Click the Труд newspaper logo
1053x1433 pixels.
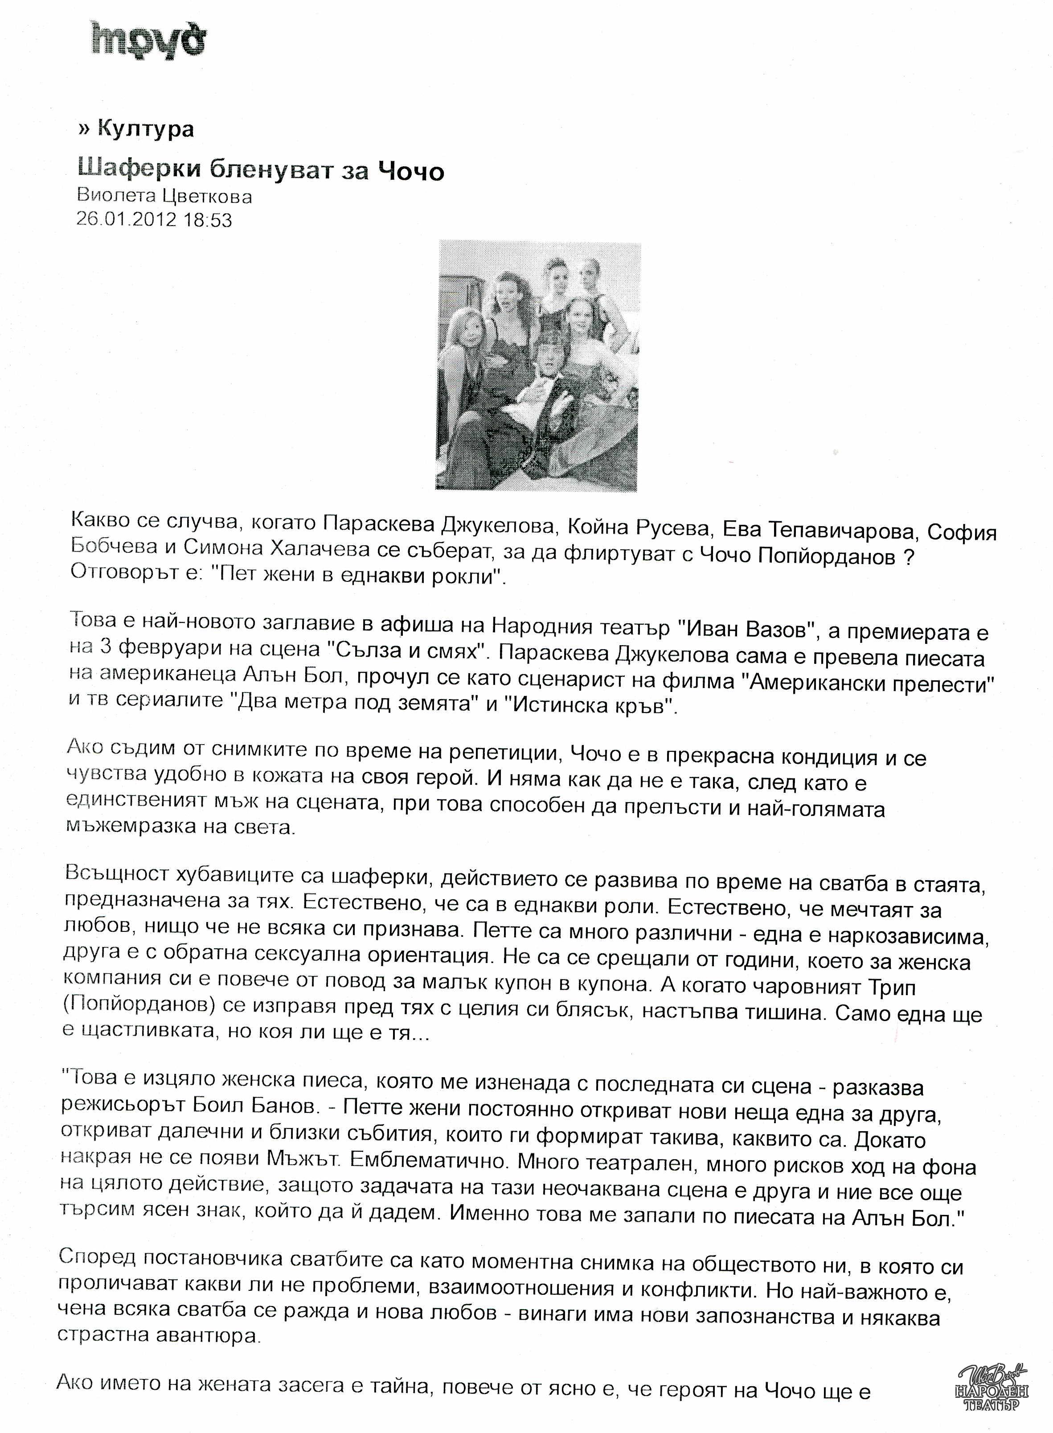click(148, 40)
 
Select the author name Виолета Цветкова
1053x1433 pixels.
click(164, 197)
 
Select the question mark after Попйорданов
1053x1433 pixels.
click(910, 556)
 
